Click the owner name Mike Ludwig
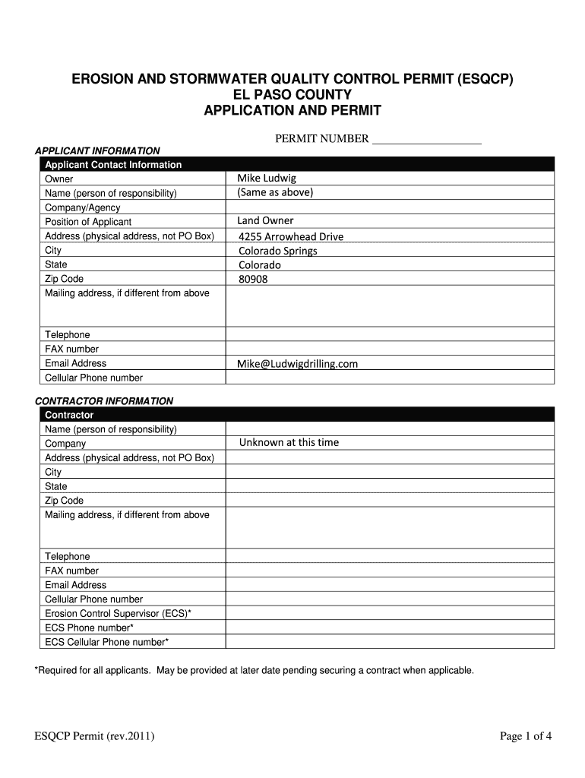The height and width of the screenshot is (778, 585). click(267, 178)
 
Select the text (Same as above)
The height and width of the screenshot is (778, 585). click(275, 192)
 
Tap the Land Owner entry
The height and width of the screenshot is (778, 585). click(265, 220)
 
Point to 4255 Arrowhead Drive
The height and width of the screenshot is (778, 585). click(291, 236)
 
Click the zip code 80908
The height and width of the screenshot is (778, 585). click(253, 279)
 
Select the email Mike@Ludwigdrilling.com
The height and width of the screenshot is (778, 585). click(297, 364)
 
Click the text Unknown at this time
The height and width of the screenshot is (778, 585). click(289, 442)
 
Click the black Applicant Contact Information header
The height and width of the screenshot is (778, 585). click(113, 164)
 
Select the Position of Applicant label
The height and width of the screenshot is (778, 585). click(89, 222)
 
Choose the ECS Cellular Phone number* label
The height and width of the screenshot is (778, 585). click(107, 642)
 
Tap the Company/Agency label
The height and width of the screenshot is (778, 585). click(83, 207)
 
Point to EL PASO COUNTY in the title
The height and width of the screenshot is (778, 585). click(292, 95)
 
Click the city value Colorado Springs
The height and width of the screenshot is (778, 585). click(278, 251)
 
